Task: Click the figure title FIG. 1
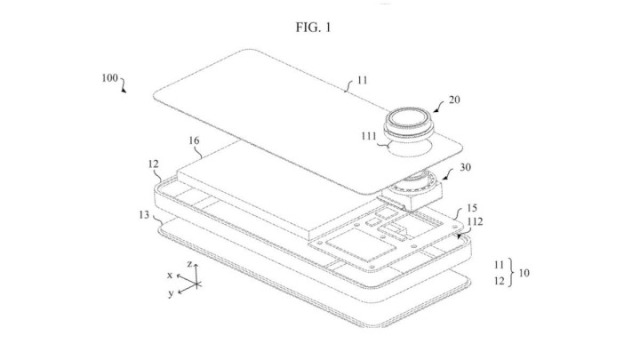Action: click(314, 28)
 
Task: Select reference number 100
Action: click(110, 78)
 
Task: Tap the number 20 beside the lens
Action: click(454, 100)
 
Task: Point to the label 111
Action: click(369, 136)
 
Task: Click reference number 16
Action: click(194, 140)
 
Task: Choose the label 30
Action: click(465, 167)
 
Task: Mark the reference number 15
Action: click(472, 208)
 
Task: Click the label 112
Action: click(475, 221)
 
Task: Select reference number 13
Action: click(144, 215)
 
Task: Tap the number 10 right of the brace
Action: click(524, 273)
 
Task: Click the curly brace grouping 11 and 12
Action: click(510, 273)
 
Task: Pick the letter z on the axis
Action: click(189, 264)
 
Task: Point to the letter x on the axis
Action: click(170, 276)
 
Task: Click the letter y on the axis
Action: click(171, 293)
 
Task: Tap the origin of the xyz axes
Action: click(196, 284)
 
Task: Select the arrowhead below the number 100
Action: click(124, 91)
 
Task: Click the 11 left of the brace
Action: click(499, 265)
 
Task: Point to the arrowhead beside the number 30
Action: click(444, 179)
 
